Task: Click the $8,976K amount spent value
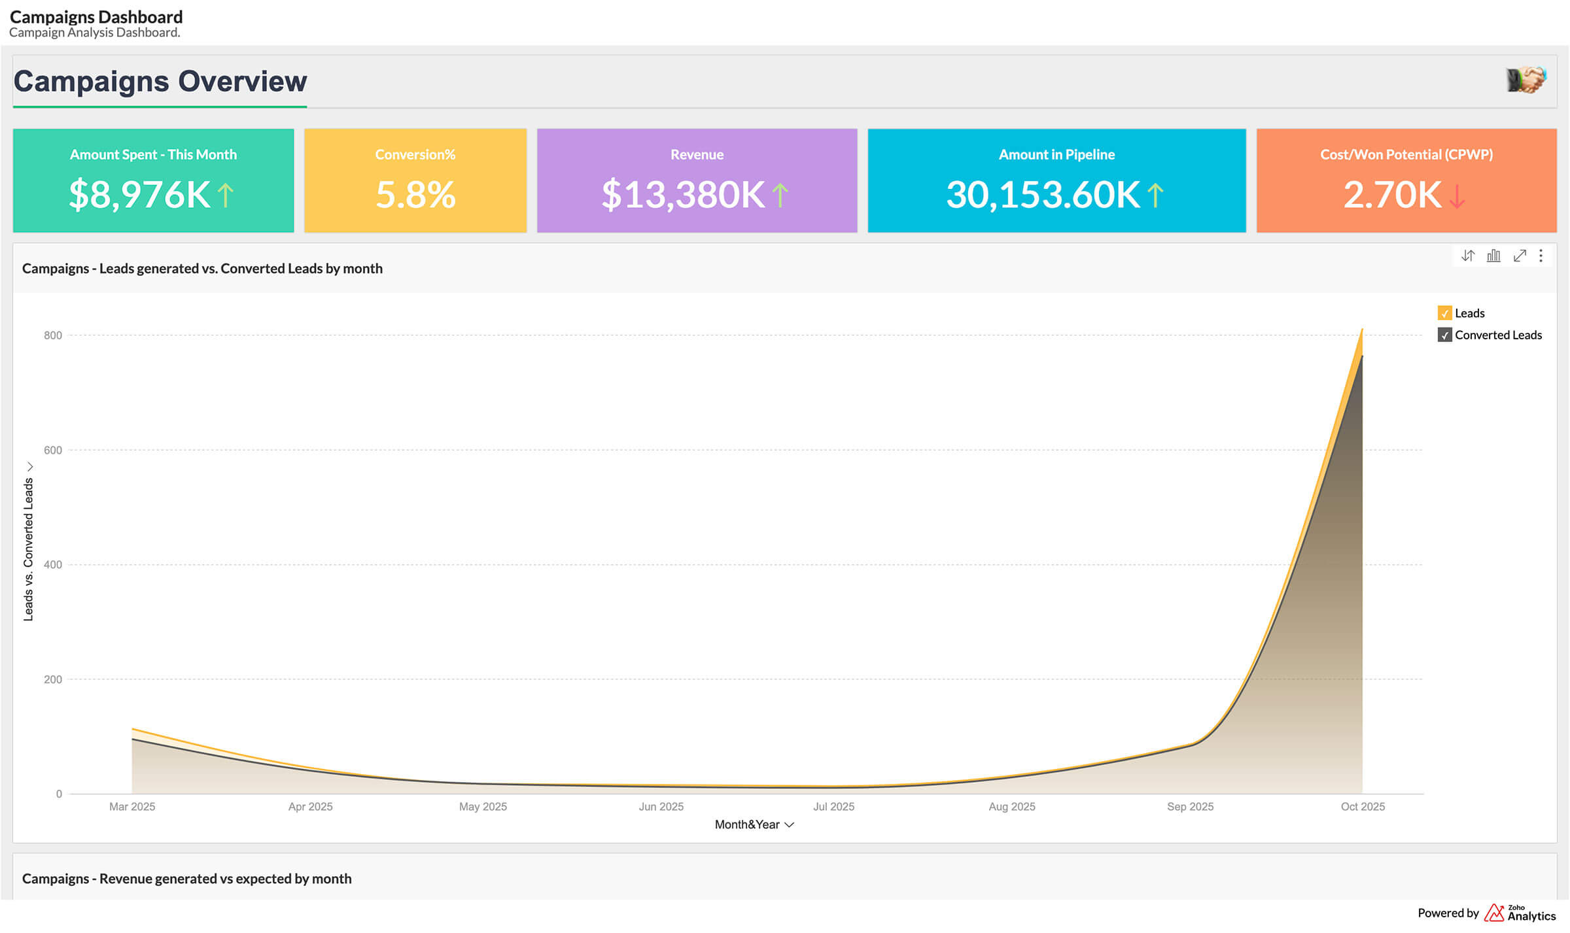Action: [x=140, y=195]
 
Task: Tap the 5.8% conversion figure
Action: [x=415, y=195]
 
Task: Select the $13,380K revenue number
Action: [x=683, y=195]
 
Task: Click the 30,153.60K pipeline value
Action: [x=1043, y=195]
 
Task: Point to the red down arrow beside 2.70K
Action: [x=1457, y=196]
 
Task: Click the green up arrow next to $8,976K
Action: [x=225, y=195]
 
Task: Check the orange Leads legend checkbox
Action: [x=1444, y=313]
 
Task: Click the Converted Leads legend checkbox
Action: [x=1444, y=335]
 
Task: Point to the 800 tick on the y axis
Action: [x=53, y=335]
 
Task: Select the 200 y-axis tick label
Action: [x=53, y=679]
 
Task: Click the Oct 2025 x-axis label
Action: [x=1362, y=806]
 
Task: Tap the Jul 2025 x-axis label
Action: [x=833, y=806]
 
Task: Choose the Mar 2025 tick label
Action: [x=132, y=806]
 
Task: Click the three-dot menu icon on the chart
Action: [x=1541, y=256]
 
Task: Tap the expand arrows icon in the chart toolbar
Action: [x=1520, y=256]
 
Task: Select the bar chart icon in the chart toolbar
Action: [x=1493, y=256]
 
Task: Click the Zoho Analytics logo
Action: [x=1519, y=913]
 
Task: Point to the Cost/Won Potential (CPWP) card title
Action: [x=1406, y=154]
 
